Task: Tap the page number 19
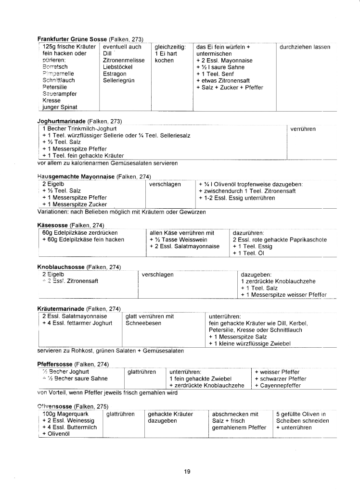pyautogui.click(x=187, y=471)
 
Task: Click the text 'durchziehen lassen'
pyautogui.click(x=305, y=47)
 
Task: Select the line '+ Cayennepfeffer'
pyautogui.click(x=278, y=385)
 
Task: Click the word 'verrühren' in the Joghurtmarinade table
pyautogui.click(x=304, y=129)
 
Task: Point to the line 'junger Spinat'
pyautogui.click(x=60, y=107)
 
